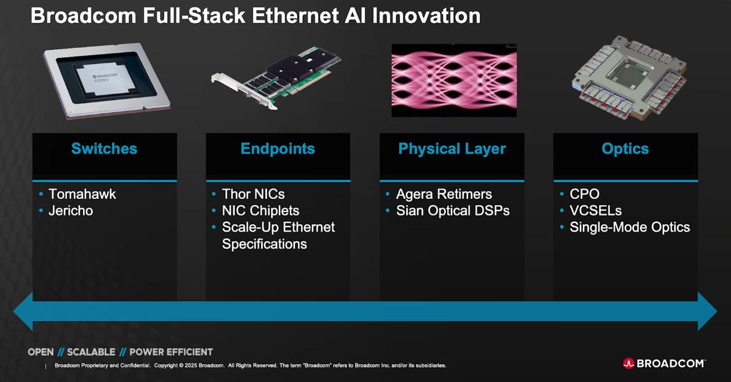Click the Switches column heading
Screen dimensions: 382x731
click(104, 149)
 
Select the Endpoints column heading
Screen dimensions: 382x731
click(278, 149)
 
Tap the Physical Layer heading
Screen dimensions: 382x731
click(451, 149)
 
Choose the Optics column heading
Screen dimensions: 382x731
click(625, 149)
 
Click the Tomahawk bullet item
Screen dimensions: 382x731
click(82, 194)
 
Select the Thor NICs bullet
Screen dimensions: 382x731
click(253, 194)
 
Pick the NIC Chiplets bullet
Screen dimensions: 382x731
click(260, 211)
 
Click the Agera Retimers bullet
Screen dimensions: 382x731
click(444, 194)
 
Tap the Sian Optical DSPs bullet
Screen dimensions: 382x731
click(452, 211)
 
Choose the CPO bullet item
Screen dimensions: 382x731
click(584, 194)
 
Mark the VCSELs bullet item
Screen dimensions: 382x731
click(595, 211)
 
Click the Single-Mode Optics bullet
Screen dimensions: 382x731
click(629, 227)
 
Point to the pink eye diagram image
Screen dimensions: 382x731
click(454, 80)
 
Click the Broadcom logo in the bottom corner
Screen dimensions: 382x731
click(664, 363)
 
